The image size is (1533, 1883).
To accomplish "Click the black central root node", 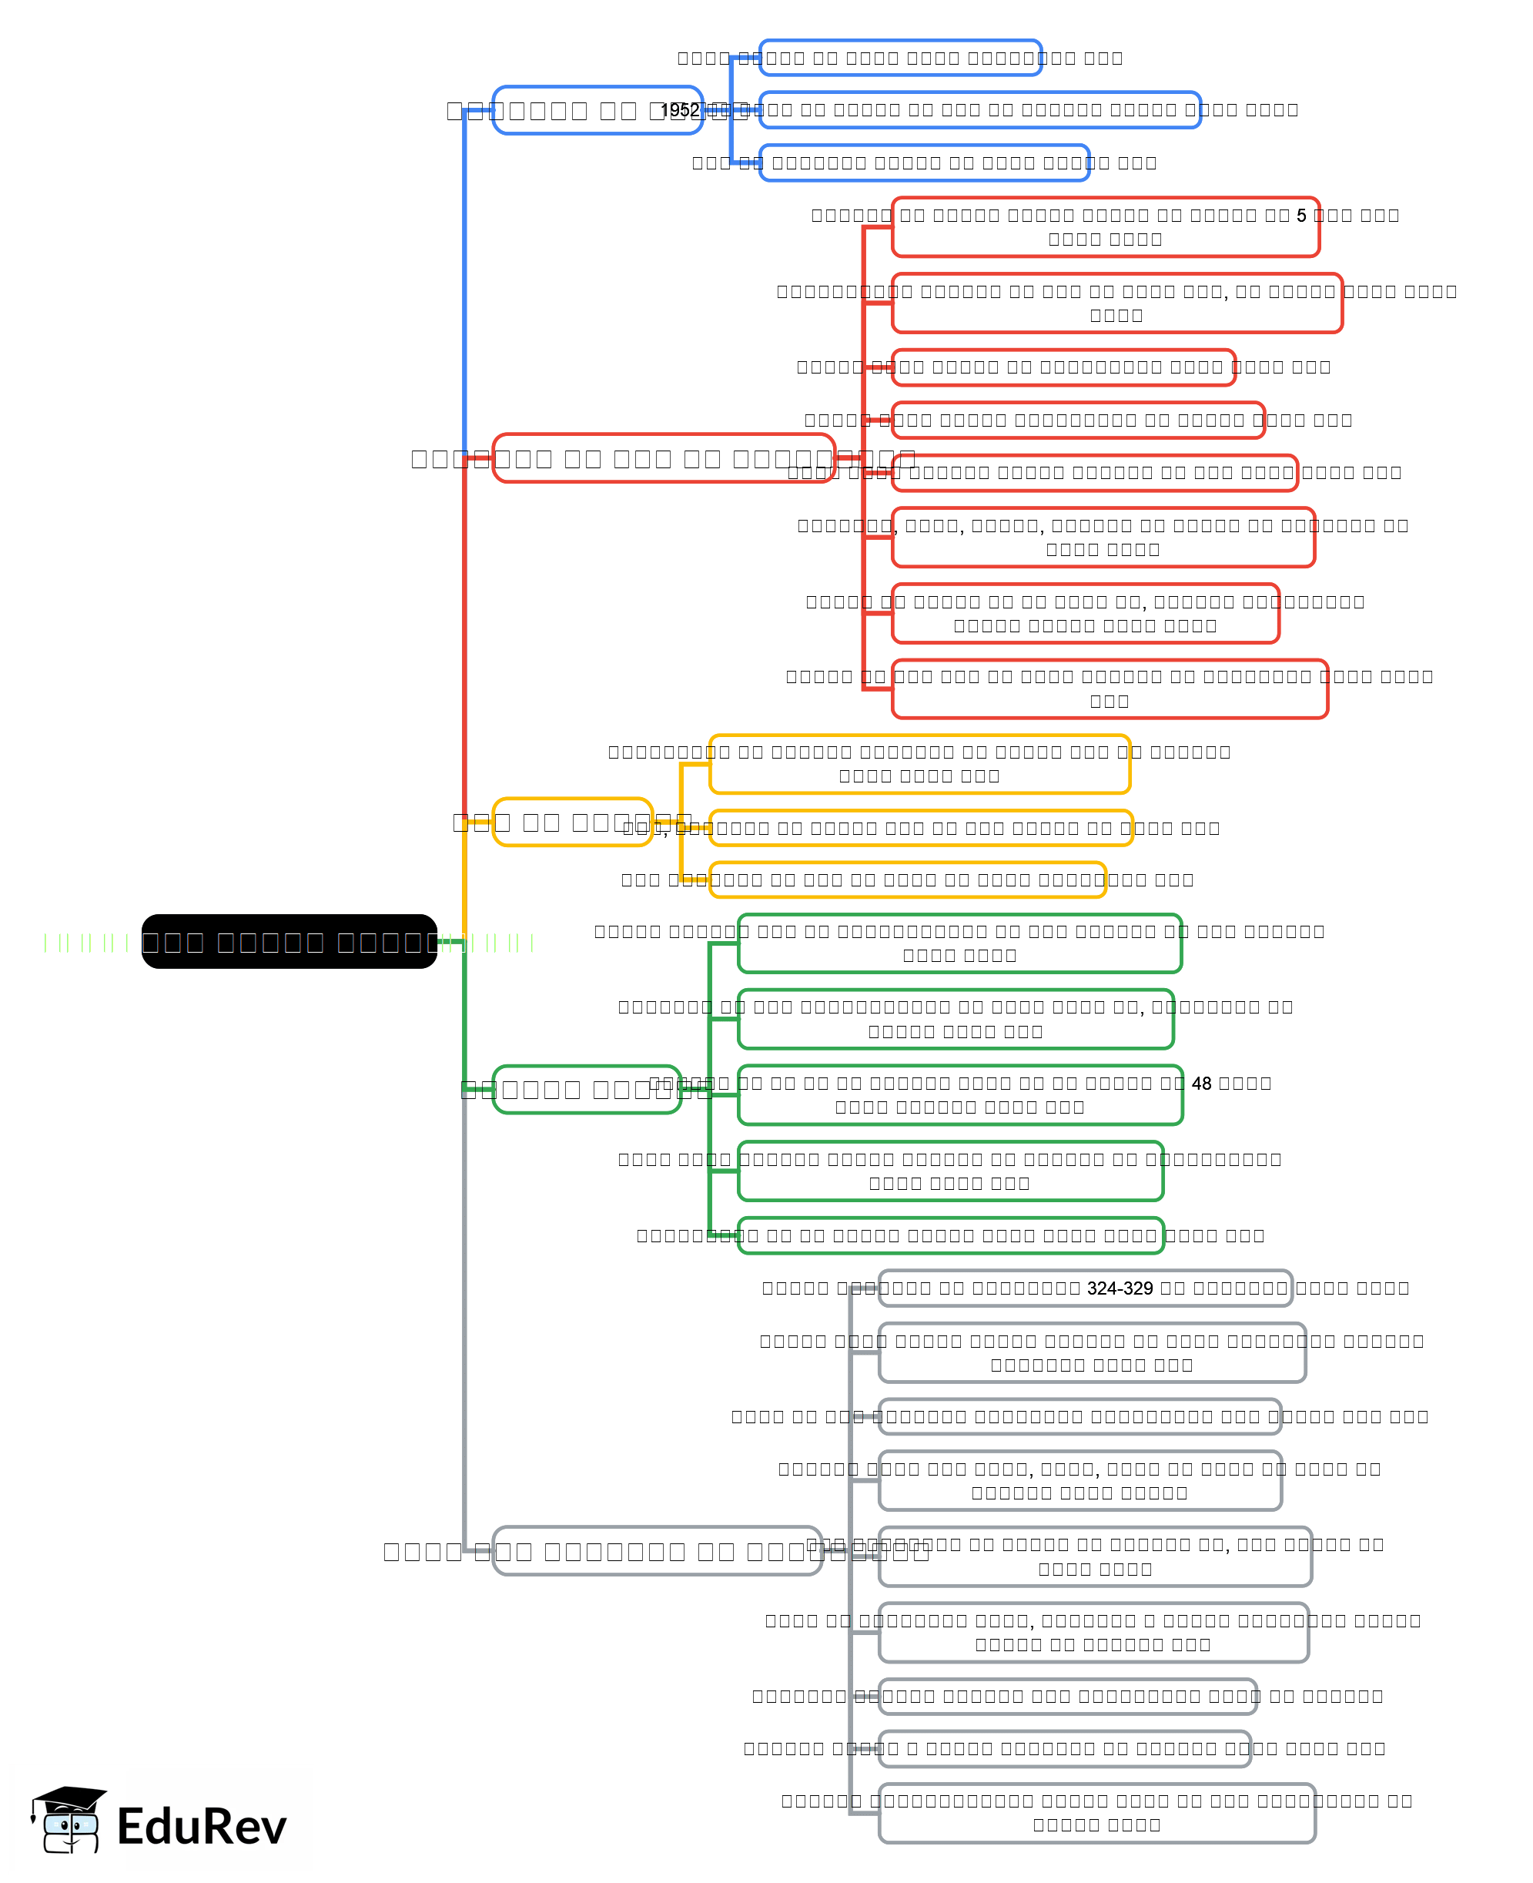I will click(289, 940).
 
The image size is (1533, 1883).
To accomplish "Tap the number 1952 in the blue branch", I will click(679, 110).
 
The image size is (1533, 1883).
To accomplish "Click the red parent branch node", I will click(662, 457).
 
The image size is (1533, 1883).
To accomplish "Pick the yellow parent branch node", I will click(572, 822).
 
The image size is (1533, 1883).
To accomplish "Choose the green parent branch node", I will click(587, 1089).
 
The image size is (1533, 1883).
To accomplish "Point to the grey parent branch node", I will click(657, 1551).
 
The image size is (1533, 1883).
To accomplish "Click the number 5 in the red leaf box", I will click(1300, 216).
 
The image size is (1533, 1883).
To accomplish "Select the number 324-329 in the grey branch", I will click(1120, 1288).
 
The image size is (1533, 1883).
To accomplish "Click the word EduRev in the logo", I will click(201, 1827).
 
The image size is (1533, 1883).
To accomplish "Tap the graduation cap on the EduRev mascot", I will click(71, 1797).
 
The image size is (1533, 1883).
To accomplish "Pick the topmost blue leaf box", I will click(900, 59).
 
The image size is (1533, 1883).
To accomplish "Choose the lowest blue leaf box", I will click(924, 163).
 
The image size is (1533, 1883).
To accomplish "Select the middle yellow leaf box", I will click(920, 828).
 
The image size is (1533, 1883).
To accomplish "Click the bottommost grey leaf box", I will click(1096, 1812).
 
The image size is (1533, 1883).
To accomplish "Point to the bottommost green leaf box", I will click(950, 1235).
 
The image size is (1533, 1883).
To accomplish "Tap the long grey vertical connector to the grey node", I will click(464, 1325).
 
